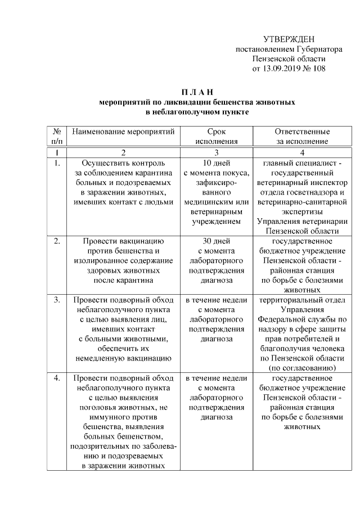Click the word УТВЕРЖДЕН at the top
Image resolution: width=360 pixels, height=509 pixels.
(x=289, y=39)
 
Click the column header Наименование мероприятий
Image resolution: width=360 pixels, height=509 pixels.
(x=123, y=132)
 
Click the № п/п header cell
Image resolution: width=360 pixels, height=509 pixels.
(x=57, y=137)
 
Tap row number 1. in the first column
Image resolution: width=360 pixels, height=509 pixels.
(x=57, y=163)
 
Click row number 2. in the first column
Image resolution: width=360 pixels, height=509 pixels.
(x=57, y=241)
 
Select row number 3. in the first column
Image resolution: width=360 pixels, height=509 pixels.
(x=57, y=300)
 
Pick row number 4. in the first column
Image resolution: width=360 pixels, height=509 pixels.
(x=57, y=379)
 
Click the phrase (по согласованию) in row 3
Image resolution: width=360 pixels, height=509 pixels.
(x=302, y=368)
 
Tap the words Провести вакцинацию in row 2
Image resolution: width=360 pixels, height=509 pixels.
(x=123, y=241)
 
